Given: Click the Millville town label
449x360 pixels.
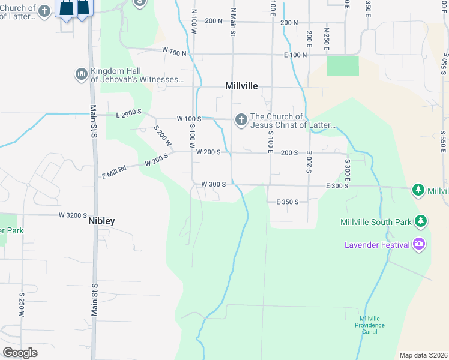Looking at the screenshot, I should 241,86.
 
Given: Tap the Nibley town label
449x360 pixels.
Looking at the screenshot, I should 101,221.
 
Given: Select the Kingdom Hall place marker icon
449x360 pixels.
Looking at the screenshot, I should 82,74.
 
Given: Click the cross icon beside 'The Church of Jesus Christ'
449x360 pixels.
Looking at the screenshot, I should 241,120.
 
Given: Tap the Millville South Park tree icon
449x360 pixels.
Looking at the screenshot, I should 421,221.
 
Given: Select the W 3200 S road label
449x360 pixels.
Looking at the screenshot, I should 73,214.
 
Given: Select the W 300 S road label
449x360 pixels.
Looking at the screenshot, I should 213,184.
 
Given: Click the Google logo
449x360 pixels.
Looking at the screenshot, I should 20,352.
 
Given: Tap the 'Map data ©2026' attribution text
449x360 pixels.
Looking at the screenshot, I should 423,355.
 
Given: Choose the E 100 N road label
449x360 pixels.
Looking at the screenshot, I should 295,55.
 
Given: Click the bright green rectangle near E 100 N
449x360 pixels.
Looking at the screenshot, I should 342,66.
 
